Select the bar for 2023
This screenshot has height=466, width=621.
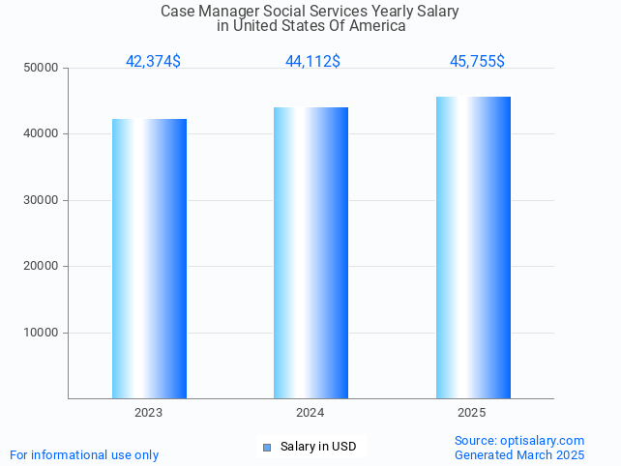149,258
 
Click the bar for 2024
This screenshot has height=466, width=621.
310,252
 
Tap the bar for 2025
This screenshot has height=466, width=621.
473,248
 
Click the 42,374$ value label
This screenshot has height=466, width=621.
153,62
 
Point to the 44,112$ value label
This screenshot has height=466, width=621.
312,62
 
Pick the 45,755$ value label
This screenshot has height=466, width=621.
477,62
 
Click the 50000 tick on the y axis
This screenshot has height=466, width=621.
42,68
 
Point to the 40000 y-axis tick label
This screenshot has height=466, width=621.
42,134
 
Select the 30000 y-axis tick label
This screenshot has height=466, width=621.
42,200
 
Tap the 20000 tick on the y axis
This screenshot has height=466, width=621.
42,266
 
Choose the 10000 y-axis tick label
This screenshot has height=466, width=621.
42,333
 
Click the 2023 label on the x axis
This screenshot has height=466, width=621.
149,413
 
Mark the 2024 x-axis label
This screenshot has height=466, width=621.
310,413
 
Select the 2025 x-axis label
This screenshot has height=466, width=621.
472,413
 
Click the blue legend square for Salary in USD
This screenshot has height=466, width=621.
268,447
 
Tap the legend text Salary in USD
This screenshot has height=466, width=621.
318,447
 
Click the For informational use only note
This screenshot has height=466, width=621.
84,454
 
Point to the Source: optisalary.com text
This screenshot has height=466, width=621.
519,441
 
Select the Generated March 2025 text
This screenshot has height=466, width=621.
519,454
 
